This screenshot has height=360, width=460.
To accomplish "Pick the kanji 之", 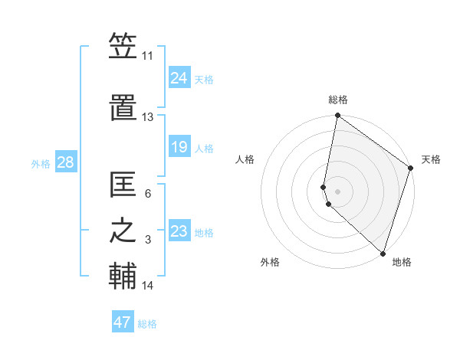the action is click(x=123, y=232).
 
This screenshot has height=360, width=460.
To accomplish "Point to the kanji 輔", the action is click(x=123, y=277).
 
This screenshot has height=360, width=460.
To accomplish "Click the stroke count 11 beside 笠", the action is click(x=148, y=56).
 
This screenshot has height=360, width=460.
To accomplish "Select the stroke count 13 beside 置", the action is click(x=148, y=117).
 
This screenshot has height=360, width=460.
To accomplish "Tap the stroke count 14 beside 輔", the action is click(x=148, y=286).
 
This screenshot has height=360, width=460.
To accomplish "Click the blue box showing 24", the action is click(x=179, y=77).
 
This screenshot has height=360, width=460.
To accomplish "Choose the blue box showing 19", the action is click(x=179, y=146).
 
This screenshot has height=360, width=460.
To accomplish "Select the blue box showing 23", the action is click(x=179, y=231).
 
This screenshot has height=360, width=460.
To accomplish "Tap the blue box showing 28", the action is click(x=65, y=162).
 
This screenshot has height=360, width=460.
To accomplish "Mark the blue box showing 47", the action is click(x=122, y=322).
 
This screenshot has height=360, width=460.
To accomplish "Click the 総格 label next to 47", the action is click(x=147, y=324).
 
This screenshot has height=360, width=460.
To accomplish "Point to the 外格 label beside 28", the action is click(x=41, y=163).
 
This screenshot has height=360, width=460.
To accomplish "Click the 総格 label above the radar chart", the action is click(x=338, y=100).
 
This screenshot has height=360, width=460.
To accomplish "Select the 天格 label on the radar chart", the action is click(x=431, y=159).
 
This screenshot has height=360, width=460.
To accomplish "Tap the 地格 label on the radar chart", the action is click(x=402, y=262).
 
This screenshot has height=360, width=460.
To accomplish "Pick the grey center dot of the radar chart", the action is click(x=337, y=191).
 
